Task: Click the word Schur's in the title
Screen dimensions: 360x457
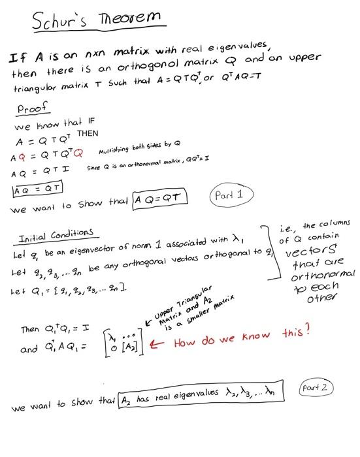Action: (x=61, y=22)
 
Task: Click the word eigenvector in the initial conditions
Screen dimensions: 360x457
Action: (x=84, y=253)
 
